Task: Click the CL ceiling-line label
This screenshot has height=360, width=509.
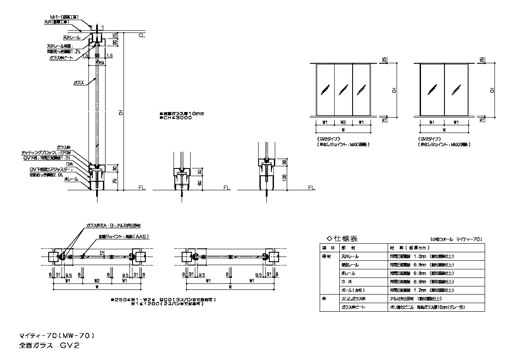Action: (x=142, y=36)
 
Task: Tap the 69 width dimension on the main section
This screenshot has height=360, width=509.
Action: (x=101, y=63)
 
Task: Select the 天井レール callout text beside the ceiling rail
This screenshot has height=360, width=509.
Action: (x=74, y=38)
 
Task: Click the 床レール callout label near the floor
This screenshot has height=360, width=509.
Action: (x=71, y=179)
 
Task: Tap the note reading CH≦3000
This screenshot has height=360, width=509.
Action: (x=175, y=118)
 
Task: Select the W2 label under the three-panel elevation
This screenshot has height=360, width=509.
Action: (x=343, y=122)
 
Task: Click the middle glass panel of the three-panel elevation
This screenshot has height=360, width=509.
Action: (x=343, y=90)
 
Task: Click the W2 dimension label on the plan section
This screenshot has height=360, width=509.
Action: (x=97, y=281)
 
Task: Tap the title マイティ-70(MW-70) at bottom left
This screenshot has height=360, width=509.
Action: (x=56, y=335)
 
